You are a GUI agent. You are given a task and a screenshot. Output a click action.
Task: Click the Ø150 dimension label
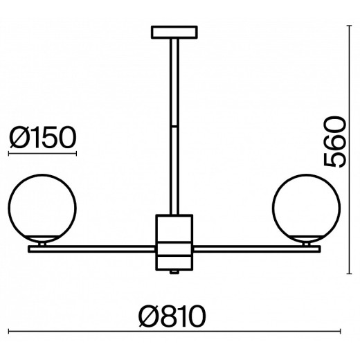point(42,136)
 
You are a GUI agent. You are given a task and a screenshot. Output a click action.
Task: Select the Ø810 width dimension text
point(172,317)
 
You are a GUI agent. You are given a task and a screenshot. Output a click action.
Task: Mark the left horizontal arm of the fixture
point(90,245)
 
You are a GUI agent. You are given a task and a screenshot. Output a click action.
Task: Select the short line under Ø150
point(42,152)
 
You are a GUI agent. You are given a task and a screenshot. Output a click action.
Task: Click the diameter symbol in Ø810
point(149,317)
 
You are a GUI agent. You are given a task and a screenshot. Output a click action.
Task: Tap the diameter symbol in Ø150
point(19,136)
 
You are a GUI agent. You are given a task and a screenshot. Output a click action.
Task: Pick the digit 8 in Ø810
point(170,317)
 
